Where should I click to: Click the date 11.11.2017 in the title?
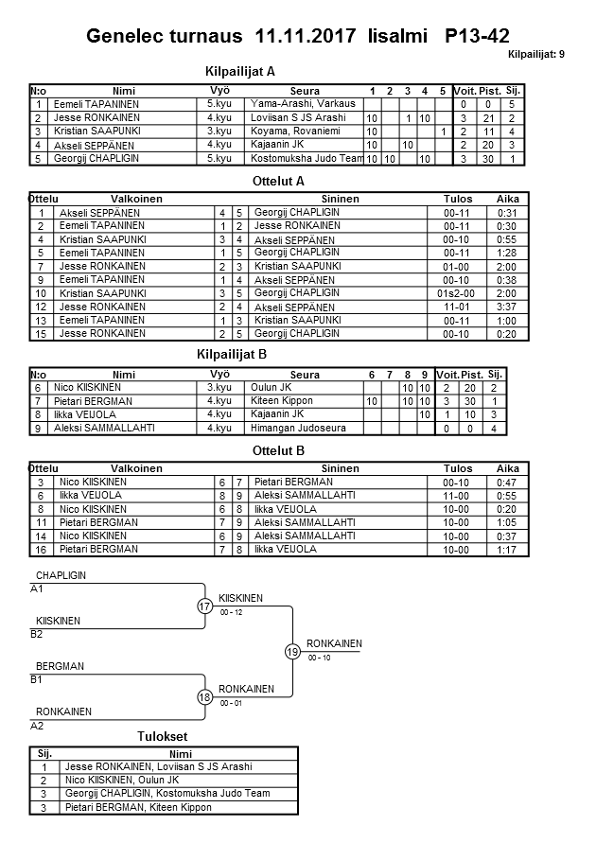click(x=306, y=37)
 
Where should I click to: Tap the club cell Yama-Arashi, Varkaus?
click(x=302, y=103)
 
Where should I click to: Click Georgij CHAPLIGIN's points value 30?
click(x=489, y=158)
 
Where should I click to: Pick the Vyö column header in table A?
click(x=219, y=90)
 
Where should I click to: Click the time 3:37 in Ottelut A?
click(x=507, y=307)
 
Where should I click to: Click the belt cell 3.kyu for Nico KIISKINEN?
click(x=219, y=388)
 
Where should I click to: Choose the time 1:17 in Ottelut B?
click(x=507, y=549)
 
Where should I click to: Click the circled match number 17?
click(x=205, y=606)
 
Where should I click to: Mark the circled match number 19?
click(x=293, y=651)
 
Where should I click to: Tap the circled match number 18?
click(x=205, y=697)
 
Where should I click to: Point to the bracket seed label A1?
click(x=37, y=588)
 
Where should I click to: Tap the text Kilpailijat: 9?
click(x=535, y=55)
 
